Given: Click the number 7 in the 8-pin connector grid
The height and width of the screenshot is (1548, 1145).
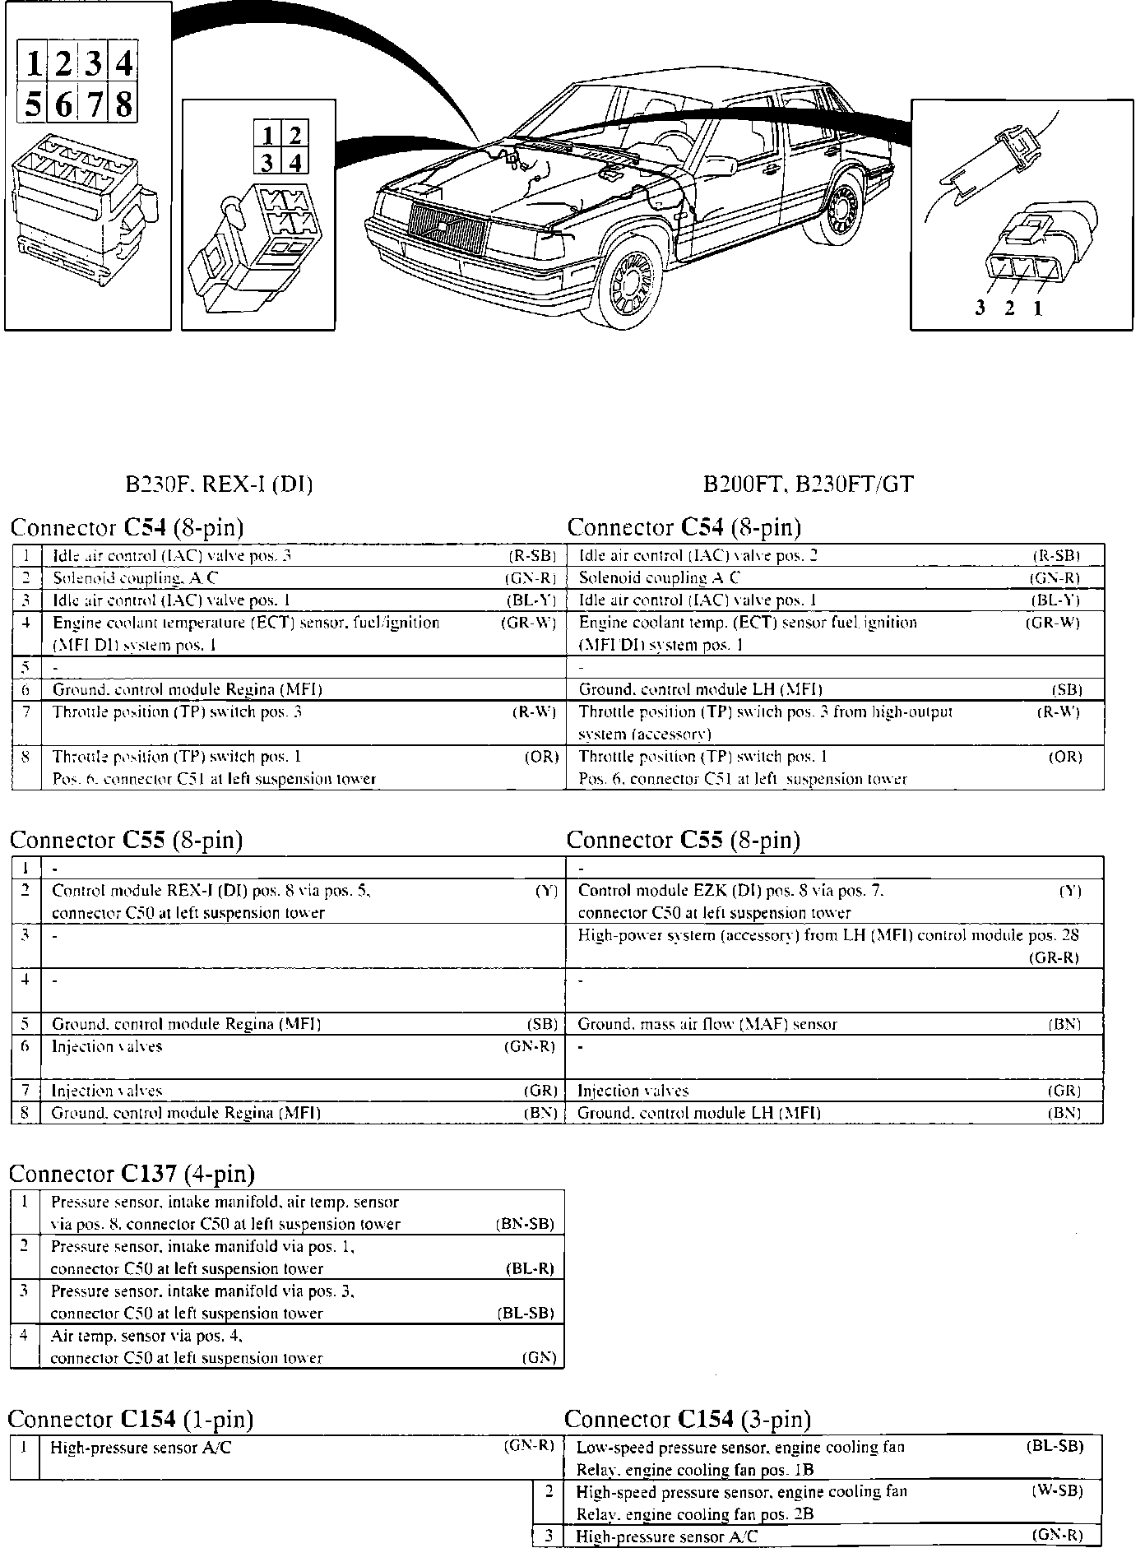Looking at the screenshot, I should point(94,105).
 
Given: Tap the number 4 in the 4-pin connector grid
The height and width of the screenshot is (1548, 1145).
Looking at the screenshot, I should point(295,162).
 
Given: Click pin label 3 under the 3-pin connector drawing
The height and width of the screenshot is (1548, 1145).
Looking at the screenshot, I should point(980,308).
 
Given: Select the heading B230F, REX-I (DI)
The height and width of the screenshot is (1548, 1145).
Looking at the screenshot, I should point(219,484).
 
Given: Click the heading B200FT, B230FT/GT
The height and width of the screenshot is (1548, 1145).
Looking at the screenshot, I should point(808,484).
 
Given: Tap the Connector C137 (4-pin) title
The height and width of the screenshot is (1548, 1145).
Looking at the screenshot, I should point(132,1173).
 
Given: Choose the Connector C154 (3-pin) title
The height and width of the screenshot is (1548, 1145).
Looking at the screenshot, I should point(687,1419).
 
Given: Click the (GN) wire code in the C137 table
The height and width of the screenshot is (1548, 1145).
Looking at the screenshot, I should point(539,1358).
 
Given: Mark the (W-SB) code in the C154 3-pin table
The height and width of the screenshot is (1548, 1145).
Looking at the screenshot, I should point(1057,1490).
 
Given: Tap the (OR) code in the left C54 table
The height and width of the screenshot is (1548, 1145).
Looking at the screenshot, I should point(541,757).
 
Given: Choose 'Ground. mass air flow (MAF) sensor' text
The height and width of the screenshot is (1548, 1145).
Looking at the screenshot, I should point(707,1024).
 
